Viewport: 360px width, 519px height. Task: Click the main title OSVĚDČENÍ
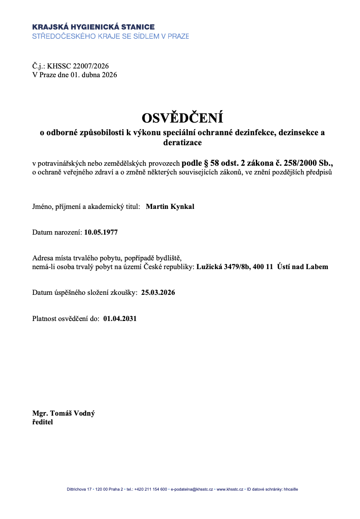click(182, 118)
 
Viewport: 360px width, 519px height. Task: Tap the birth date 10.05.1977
click(101, 232)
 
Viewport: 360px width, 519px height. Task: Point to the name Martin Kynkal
click(170, 207)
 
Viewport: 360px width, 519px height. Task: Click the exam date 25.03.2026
click(158, 293)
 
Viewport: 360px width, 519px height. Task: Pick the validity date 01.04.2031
click(120, 319)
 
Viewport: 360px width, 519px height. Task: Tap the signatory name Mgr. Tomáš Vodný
click(63, 413)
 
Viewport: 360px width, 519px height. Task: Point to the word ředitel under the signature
click(43, 422)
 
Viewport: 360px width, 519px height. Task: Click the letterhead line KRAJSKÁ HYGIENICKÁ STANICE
click(93, 27)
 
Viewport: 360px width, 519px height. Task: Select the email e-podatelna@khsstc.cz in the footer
click(192, 489)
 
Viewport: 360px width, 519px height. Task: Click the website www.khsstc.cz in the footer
click(230, 489)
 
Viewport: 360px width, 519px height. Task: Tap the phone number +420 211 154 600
click(151, 489)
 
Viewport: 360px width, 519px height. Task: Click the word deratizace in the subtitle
click(182, 142)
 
